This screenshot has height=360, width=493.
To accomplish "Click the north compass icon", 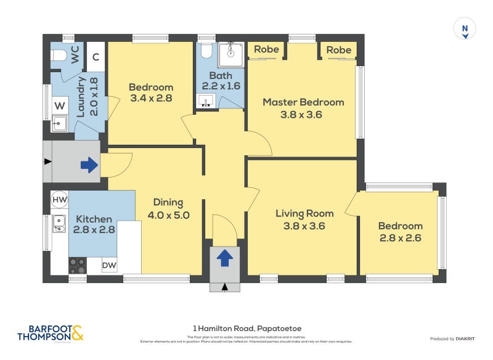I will tap(465, 29).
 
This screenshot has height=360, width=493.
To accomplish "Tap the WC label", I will tap(75, 55).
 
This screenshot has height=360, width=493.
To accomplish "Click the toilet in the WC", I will tap(59, 56).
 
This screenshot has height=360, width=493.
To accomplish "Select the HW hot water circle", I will tap(60, 200).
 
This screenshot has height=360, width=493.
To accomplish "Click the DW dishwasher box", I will tap(109, 266).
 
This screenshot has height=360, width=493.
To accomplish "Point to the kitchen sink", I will tap(59, 223).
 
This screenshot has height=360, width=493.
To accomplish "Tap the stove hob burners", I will tap(77, 266).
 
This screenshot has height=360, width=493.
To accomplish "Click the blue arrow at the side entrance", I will tap(89, 165).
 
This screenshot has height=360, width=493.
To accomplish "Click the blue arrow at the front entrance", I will tap(225, 258).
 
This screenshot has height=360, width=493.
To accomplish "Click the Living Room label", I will tap(304, 213).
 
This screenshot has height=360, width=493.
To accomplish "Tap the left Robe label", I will tap(266, 49).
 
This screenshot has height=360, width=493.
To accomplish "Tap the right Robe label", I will tap(338, 49).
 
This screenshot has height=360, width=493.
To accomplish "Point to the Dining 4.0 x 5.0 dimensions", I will tap(168, 216).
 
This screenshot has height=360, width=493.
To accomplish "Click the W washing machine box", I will tap(59, 106).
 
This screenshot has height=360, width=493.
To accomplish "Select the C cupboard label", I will tap(96, 57).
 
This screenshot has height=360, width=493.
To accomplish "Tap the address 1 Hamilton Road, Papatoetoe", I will tap(246, 329).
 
